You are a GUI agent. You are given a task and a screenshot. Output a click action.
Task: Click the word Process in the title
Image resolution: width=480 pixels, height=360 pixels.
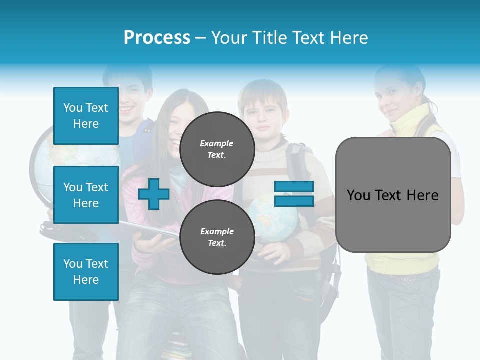point(157,38)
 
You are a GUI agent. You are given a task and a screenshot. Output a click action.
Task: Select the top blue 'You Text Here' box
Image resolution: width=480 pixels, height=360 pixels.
point(86,116)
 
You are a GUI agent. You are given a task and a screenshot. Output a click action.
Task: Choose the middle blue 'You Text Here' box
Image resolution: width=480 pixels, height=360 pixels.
point(86,195)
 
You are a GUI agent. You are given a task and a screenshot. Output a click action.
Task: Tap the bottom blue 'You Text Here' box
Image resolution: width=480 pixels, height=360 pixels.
point(86,272)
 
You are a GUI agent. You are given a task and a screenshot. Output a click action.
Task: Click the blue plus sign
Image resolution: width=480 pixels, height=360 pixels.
point(154,194)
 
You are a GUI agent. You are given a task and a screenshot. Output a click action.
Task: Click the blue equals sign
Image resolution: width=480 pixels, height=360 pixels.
point(294,194)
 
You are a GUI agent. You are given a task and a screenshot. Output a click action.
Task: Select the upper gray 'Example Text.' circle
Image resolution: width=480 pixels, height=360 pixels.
point(217,149)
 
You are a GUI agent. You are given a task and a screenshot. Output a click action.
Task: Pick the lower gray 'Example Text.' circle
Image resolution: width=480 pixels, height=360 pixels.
point(217,237)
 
